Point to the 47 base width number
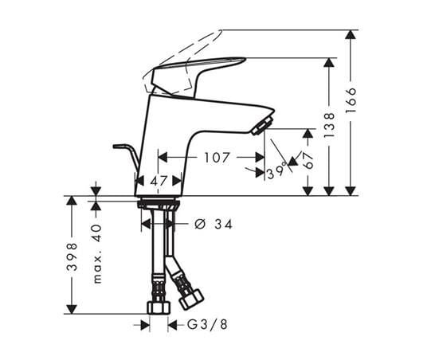(x=159, y=181)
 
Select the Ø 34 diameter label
(x=213, y=225)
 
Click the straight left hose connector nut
(x=157, y=307)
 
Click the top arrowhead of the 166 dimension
(x=350, y=34)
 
